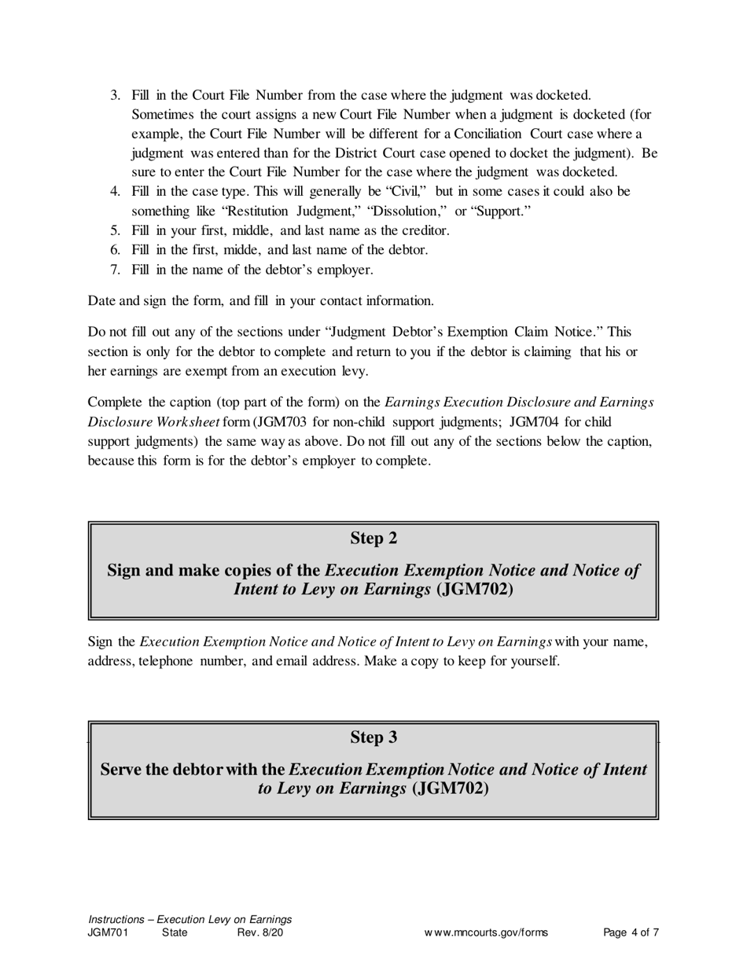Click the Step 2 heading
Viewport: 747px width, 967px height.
(x=373, y=539)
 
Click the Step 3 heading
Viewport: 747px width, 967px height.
(x=373, y=737)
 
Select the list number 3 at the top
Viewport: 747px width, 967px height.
(x=114, y=96)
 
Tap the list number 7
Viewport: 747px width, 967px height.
(x=114, y=270)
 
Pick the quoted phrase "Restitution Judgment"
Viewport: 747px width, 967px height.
(x=275, y=211)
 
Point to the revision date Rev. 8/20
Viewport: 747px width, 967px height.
(x=259, y=933)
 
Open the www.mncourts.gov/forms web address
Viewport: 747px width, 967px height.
(x=486, y=933)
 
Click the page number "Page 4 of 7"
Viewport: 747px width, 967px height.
(x=631, y=933)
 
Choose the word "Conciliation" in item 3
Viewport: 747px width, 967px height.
(x=487, y=134)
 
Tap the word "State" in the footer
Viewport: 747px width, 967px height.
(x=175, y=933)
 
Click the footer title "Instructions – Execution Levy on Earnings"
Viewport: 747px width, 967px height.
(x=190, y=919)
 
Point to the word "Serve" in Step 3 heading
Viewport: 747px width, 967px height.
(x=122, y=770)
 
